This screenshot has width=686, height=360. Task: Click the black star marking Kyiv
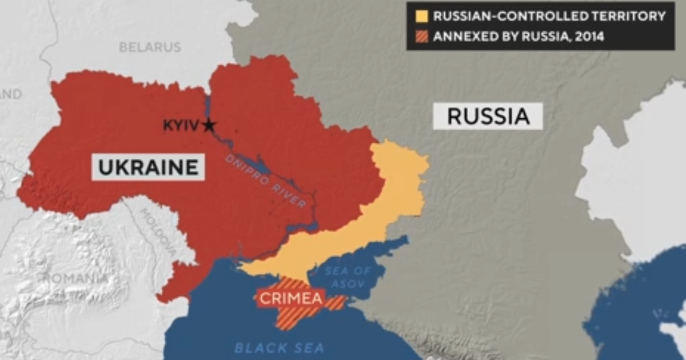pos(209,125)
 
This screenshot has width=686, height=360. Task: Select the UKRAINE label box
pos(148,167)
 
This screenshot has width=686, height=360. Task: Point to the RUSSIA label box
pos(487,116)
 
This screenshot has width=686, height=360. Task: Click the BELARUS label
pos(150,47)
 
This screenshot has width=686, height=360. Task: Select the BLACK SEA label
pos(279,347)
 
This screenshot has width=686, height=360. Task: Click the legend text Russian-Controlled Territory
pos(549,16)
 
